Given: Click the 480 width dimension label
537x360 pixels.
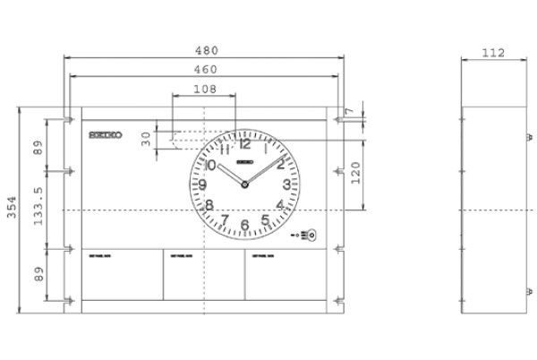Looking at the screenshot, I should point(202,49).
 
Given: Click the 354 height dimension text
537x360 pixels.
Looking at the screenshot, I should point(10,209).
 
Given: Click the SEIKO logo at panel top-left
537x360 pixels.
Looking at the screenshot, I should point(107,136).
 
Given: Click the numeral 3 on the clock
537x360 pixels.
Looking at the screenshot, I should point(286,185).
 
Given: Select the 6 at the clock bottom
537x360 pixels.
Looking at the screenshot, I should point(244,224).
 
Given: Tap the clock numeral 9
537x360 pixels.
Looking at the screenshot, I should point(203,185).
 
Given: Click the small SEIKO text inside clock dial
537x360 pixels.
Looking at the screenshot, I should point(245,163).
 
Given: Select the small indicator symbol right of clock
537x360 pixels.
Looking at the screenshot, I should point(308,235).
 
